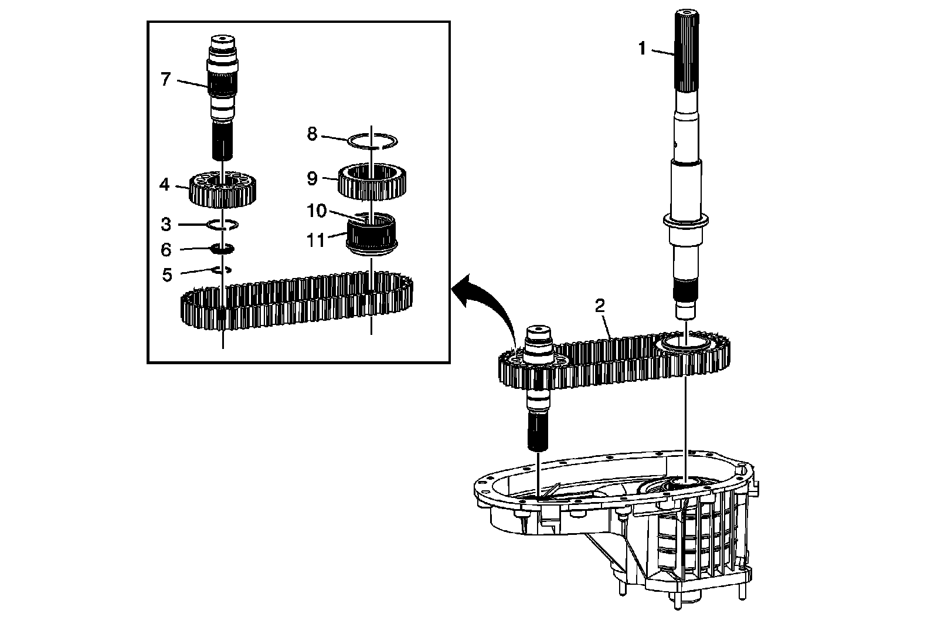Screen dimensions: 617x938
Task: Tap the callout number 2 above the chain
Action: [600, 306]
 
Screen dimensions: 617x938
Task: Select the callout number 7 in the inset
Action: [166, 79]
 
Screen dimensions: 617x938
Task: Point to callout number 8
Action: [312, 134]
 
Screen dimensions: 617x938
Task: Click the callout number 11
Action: [316, 240]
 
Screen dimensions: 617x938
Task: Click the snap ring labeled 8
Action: [372, 141]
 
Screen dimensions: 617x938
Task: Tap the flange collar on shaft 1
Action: [685, 222]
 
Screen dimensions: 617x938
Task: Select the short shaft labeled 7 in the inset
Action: [223, 100]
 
